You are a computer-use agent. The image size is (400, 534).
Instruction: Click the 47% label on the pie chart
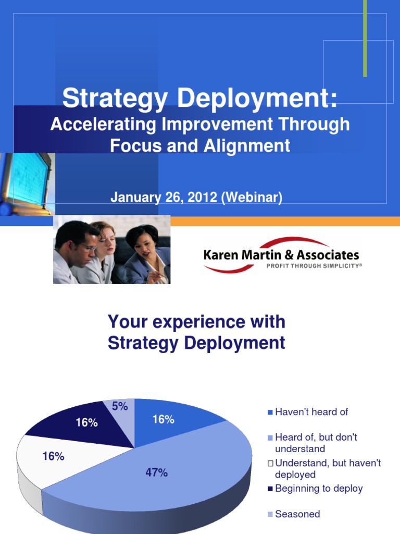[x=156, y=473]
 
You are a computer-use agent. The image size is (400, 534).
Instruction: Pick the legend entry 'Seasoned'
[x=297, y=514]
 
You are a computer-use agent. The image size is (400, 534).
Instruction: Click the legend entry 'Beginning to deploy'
[x=319, y=489]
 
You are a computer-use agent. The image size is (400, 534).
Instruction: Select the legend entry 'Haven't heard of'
[x=311, y=412]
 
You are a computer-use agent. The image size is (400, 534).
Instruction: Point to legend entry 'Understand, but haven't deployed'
[x=328, y=468]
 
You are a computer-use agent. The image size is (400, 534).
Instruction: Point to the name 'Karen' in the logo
[x=221, y=255]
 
